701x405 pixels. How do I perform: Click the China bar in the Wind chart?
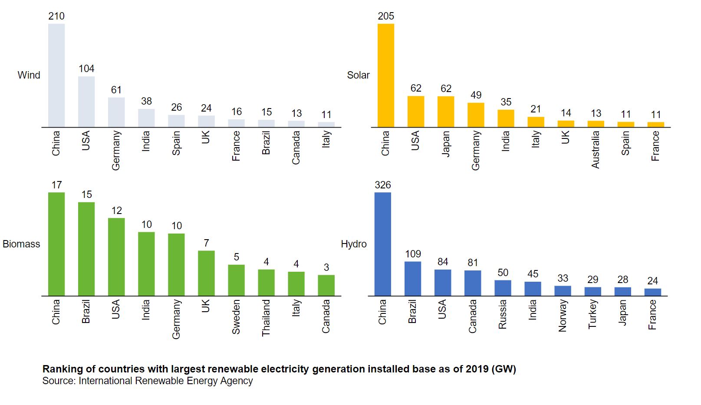tap(56, 76)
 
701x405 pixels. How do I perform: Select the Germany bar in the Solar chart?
tap(476, 115)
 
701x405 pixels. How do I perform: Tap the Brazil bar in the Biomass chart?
tap(86, 249)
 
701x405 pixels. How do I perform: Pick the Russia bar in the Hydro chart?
tap(503, 288)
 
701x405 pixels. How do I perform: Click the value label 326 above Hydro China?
tap(383, 185)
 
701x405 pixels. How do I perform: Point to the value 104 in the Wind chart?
tap(86, 69)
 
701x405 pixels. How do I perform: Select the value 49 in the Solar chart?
tap(476, 95)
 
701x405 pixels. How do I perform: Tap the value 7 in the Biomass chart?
tap(206, 243)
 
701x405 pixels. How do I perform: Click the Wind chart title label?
tap(29, 75)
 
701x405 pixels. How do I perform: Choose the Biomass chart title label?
tap(21, 244)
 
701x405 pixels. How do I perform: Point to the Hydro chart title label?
tap(353, 244)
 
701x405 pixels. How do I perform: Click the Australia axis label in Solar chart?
tap(596, 149)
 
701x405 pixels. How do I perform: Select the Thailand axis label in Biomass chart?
tap(266, 318)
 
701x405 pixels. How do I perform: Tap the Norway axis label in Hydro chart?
tap(563, 316)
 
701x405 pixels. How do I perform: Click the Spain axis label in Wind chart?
tap(176, 143)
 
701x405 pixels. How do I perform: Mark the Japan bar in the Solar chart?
tap(446, 112)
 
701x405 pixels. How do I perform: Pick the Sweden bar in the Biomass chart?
tap(236, 280)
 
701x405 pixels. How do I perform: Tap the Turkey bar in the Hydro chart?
tap(592, 292)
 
